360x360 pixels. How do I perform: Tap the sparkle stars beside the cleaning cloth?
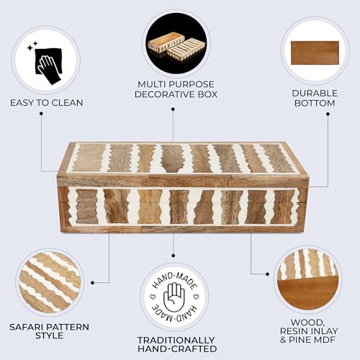[x=32, y=46]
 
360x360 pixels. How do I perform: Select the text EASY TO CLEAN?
[x=47, y=103]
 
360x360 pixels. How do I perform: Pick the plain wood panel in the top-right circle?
[x=315, y=53]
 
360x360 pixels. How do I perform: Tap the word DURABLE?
[x=315, y=94]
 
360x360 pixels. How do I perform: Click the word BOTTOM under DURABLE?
[x=315, y=103]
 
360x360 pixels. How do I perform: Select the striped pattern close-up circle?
[x=50, y=282]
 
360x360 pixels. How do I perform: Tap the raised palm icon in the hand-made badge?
[x=174, y=297]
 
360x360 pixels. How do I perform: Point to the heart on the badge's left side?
[x=153, y=297]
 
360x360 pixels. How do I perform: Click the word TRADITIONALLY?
[x=176, y=340]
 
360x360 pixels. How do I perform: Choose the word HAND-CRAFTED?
[x=177, y=348]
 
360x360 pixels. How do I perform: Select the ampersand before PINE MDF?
[x=283, y=340]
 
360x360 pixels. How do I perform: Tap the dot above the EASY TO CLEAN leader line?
[x=41, y=113]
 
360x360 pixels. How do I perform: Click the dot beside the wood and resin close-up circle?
[x=267, y=274]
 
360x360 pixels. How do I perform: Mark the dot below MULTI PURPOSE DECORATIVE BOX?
[x=173, y=109]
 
